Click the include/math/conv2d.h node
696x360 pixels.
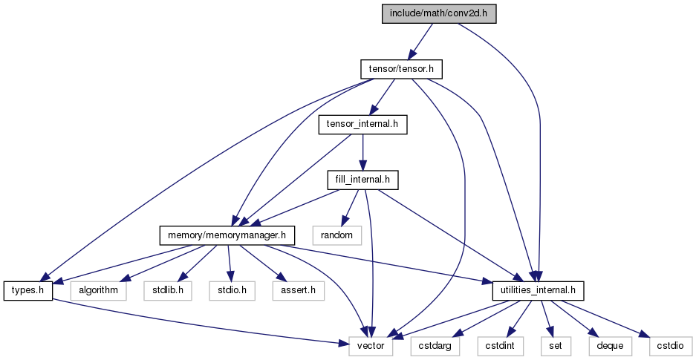click(x=438, y=14)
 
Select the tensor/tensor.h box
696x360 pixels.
click(x=400, y=69)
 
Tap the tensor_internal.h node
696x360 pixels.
click(x=362, y=125)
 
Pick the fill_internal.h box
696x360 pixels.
click(x=362, y=180)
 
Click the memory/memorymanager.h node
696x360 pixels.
click(x=227, y=235)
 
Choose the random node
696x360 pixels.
click(x=337, y=235)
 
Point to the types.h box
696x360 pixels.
click(x=28, y=290)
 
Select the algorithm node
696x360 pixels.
click(x=99, y=290)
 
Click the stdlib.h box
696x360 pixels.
click(x=168, y=290)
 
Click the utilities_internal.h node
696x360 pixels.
click(x=538, y=290)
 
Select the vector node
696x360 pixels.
click(x=371, y=346)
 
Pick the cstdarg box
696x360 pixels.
click(x=435, y=346)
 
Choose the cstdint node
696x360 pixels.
click(x=500, y=346)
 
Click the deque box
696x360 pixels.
click(x=611, y=346)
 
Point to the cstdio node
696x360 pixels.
click(x=671, y=346)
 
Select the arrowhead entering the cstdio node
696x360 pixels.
click(x=643, y=334)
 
